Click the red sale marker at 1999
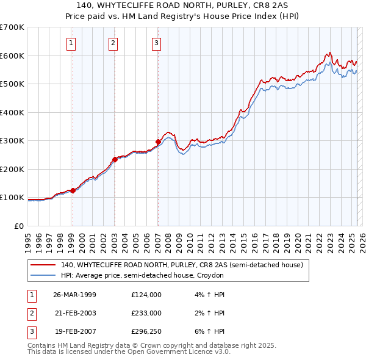pos(73,190)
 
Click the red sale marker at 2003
pos(115,160)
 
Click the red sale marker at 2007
pos(158,142)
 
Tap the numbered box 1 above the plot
pos(71,43)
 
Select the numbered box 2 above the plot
pos(113,43)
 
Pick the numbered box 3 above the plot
pos(157,43)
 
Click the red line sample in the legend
pos(43,265)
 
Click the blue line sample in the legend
pos(43,276)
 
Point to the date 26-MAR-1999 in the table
pos(74,294)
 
